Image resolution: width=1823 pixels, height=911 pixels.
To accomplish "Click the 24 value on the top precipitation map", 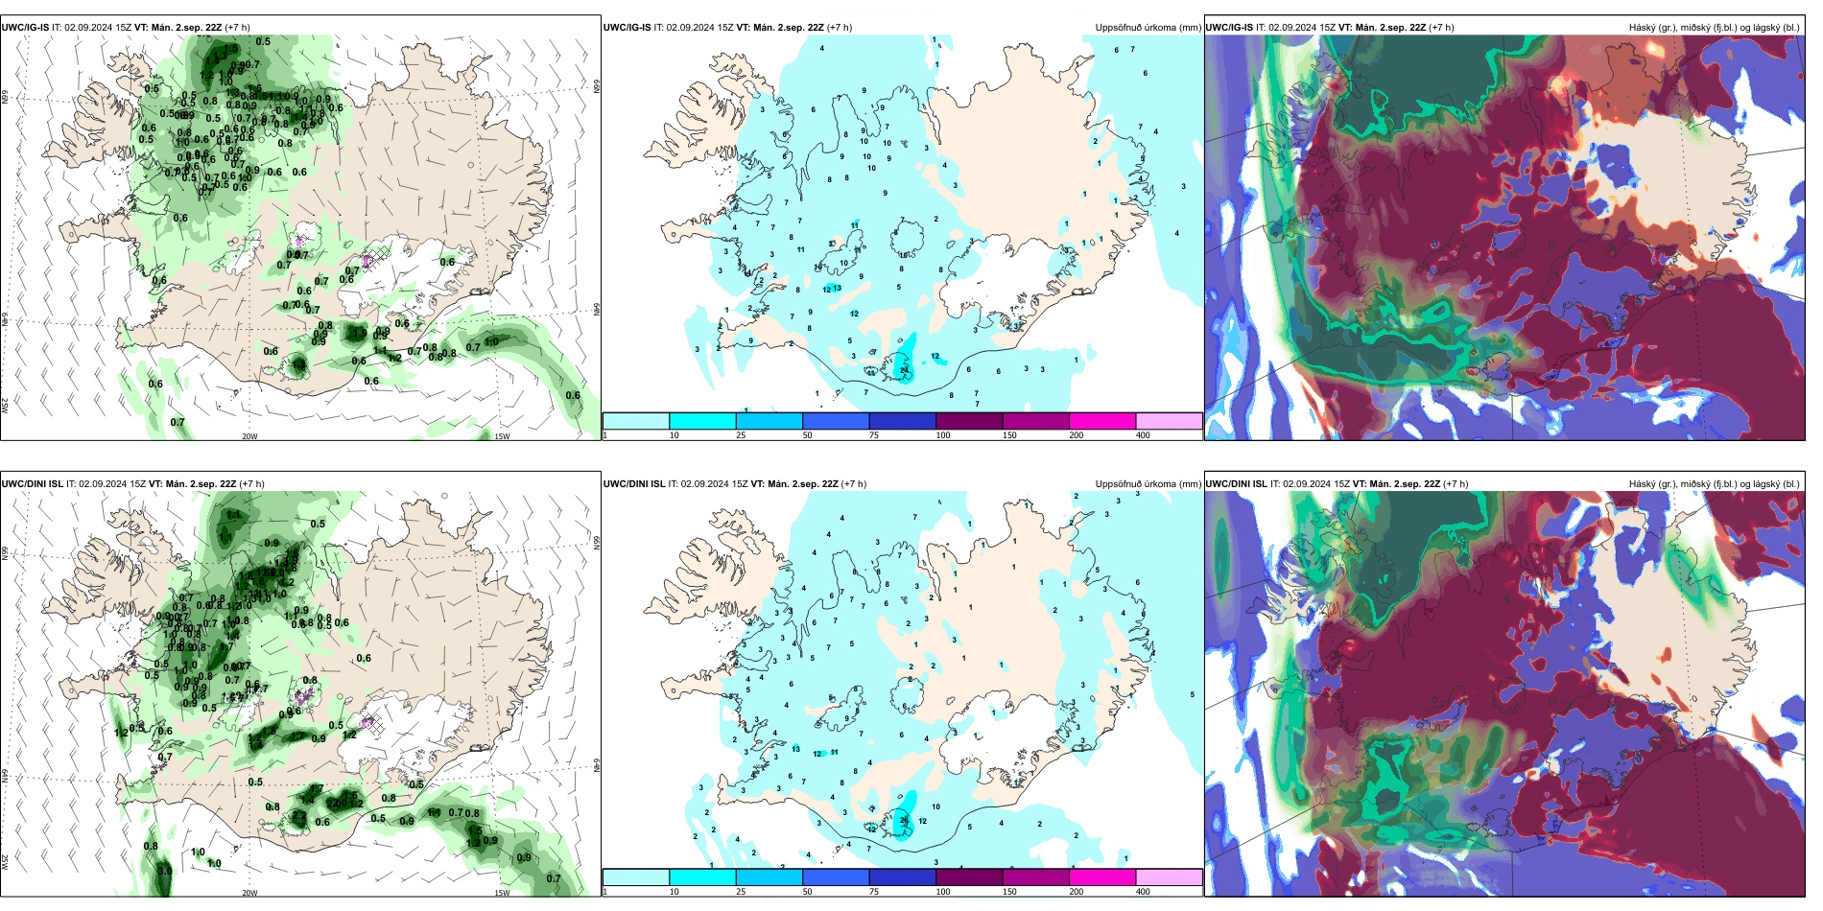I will coord(904,370).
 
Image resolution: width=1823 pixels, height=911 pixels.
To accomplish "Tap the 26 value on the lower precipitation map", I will coord(904,820).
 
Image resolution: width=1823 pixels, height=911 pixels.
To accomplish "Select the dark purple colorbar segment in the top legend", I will coord(968,421).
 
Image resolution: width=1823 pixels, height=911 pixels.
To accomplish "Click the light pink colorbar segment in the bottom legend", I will coord(1169,877).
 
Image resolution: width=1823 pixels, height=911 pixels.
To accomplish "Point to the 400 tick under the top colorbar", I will coord(1143,435).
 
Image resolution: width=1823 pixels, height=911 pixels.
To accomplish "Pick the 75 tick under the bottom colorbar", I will coord(874,892).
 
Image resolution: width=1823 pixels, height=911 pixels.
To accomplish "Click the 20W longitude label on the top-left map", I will coord(249,436).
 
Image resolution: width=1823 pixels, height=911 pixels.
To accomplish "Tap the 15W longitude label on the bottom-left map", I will coord(502,893).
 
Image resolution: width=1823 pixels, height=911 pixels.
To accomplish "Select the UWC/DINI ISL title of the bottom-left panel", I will coord(32,484).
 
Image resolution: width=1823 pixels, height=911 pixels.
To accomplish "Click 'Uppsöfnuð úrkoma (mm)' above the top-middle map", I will coord(1148,28).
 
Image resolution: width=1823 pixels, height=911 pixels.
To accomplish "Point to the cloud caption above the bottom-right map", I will coord(1714,484).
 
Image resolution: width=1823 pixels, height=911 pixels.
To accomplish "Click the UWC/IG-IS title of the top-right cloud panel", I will coord(1229,28).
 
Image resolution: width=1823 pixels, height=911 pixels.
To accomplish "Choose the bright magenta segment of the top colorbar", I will coord(1101,421).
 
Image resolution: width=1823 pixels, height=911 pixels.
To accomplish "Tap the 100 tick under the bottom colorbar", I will coord(943,892).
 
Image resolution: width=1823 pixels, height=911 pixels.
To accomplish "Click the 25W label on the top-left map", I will coord(5,406).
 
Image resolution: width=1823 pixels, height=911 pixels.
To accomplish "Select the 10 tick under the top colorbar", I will coord(674,435).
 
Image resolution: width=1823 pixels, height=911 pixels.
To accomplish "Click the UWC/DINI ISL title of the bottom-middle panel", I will coord(634,484).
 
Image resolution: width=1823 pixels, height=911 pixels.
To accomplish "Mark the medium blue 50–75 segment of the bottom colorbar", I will coord(835,877).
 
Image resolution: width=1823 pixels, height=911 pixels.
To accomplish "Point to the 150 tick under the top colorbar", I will coord(1009,435).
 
